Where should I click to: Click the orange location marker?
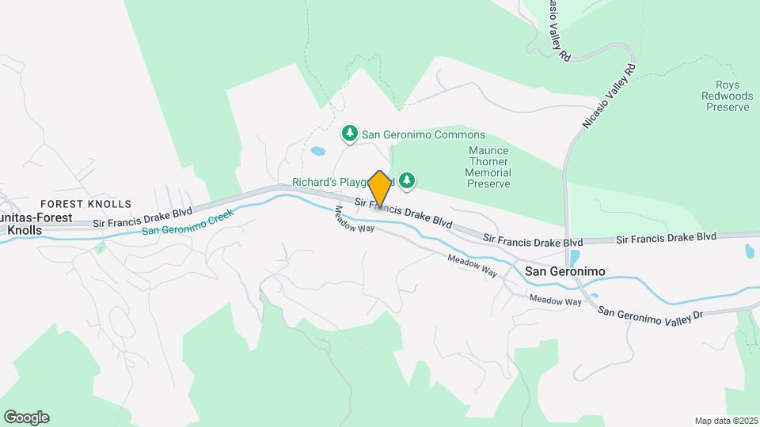[x=380, y=190]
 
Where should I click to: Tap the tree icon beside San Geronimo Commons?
[x=350, y=134]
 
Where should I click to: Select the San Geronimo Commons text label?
[x=424, y=135]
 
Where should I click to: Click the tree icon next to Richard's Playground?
[x=407, y=181]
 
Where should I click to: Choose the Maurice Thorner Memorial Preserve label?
[x=488, y=167]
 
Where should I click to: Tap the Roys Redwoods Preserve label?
[x=728, y=96]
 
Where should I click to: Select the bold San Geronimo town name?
[x=565, y=271]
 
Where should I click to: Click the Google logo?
[x=26, y=418]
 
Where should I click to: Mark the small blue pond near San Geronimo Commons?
[x=318, y=151]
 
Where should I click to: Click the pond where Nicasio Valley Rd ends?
[x=574, y=259]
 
